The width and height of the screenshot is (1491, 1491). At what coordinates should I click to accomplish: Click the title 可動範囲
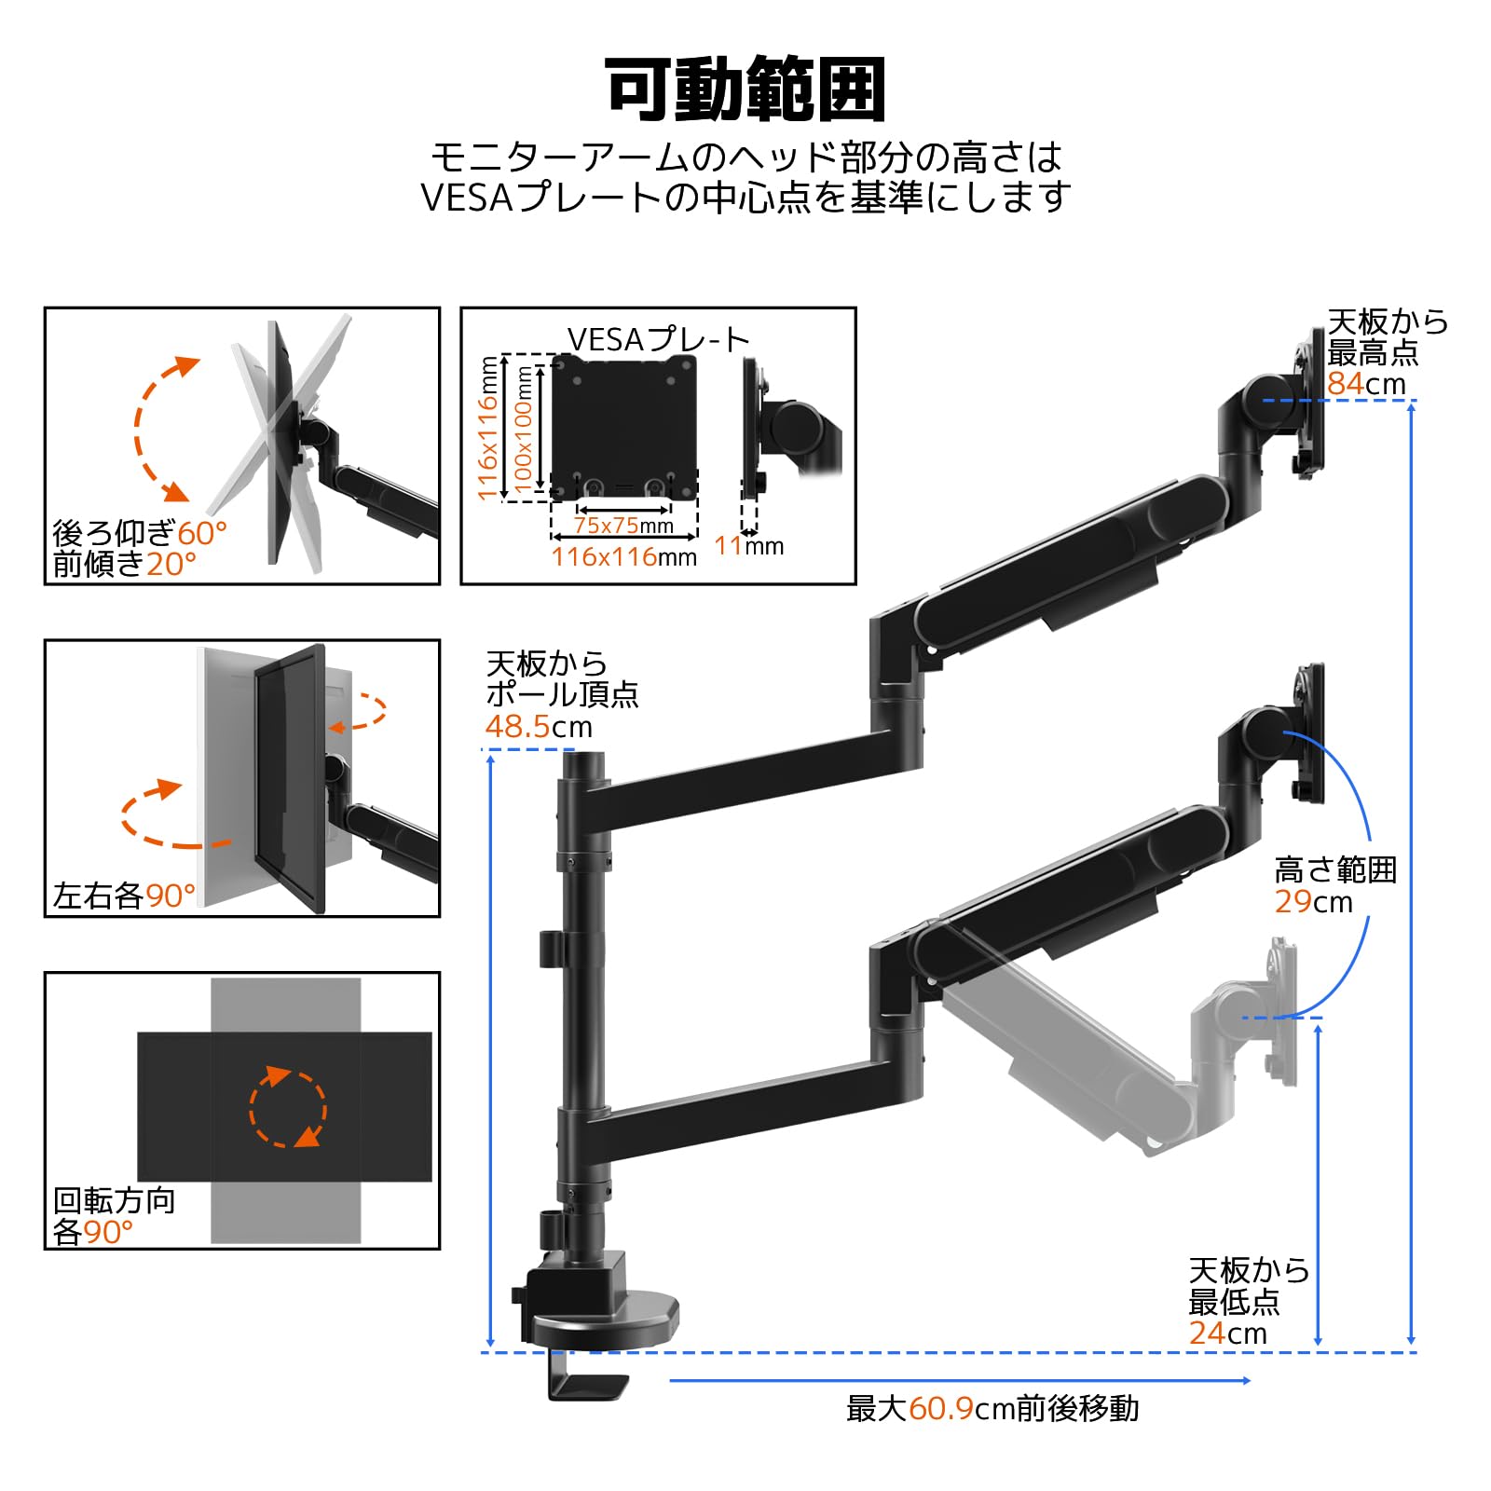click(745, 89)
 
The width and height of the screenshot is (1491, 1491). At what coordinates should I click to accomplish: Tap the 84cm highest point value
click(1365, 383)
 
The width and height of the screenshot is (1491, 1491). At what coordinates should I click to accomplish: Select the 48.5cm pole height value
click(538, 726)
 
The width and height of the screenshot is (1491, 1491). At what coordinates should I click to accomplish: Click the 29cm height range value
click(1312, 901)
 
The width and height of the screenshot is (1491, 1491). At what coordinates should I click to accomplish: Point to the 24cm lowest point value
click(1226, 1333)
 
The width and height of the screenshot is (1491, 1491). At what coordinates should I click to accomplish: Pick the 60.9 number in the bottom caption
click(941, 1408)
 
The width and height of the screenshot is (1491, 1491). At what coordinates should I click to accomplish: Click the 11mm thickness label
click(748, 546)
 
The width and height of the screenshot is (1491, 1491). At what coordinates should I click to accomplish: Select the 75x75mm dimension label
click(623, 525)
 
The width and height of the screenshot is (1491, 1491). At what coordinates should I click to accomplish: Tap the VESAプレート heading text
click(658, 339)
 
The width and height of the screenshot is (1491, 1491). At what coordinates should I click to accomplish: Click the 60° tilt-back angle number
click(202, 533)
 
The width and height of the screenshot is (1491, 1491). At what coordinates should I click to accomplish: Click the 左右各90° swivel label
click(124, 896)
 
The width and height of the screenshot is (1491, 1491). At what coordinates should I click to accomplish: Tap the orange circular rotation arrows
click(287, 1107)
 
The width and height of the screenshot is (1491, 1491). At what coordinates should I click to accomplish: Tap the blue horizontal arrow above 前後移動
click(960, 1380)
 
